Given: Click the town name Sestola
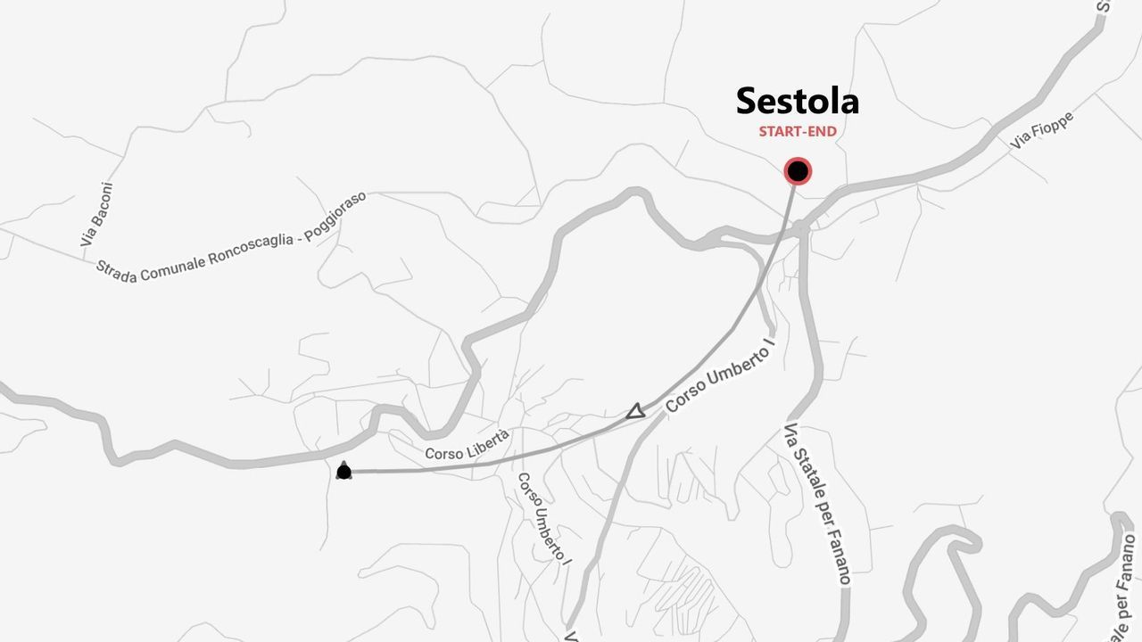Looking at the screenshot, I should tap(797, 101).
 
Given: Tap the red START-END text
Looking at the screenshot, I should tap(798, 132).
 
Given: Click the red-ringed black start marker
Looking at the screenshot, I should tap(798, 171).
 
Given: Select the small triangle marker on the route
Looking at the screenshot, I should tap(635, 411).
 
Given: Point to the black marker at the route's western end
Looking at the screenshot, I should tap(343, 471).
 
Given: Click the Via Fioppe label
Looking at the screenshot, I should tap(1042, 130).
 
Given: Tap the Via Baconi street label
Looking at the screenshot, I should tap(96, 215).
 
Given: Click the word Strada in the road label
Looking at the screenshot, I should tap(116, 271).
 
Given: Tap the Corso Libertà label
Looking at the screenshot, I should tap(468, 444).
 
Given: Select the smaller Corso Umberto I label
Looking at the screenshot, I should tap(542, 516).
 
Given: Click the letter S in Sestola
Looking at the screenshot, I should tap(747, 102).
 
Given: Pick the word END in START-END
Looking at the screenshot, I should tap(823, 132).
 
